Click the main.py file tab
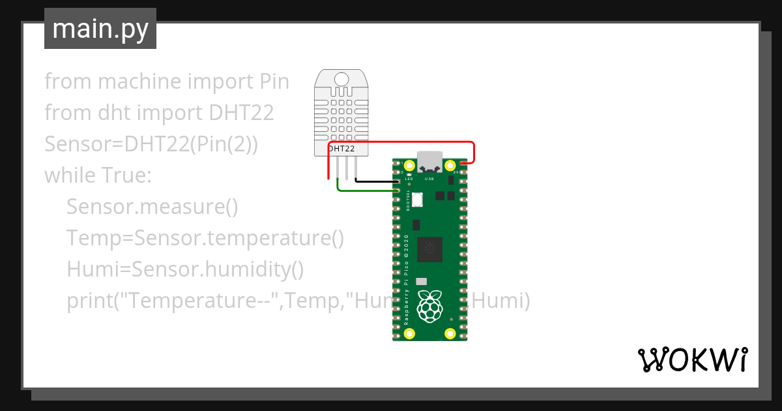click(x=100, y=29)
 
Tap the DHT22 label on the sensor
click(x=341, y=149)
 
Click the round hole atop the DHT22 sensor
click(x=341, y=80)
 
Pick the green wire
click(x=365, y=190)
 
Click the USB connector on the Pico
click(x=429, y=161)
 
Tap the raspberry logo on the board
click(x=429, y=307)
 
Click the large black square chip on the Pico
click(x=429, y=249)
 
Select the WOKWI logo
click(x=692, y=359)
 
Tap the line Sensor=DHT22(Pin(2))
click(x=151, y=144)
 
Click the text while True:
click(x=98, y=175)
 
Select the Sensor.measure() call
click(x=152, y=207)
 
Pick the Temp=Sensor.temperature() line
click(x=205, y=238)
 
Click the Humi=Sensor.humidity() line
click(x=185, y=269)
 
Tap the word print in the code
click(x=87, y=301)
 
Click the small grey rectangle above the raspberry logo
click(x=422, y=281)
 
